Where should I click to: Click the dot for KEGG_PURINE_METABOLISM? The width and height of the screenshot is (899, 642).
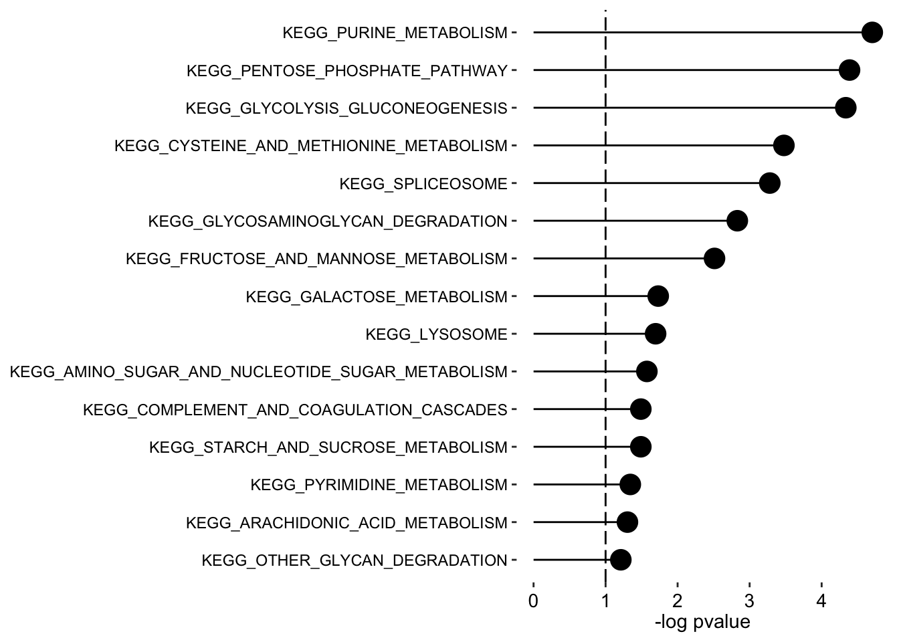[872, 32]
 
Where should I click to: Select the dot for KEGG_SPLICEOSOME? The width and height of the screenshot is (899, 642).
[770, 183]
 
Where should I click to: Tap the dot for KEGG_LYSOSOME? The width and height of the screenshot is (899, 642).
[656, 334]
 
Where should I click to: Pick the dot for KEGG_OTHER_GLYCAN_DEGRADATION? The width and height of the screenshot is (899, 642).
[621, 560]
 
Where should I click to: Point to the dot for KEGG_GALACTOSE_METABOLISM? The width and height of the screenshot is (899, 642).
[658, 296]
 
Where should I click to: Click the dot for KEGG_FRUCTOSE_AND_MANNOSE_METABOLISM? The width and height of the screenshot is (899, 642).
[714, 258]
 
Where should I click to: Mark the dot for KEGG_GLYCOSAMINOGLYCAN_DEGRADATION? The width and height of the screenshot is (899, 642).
[736, 221]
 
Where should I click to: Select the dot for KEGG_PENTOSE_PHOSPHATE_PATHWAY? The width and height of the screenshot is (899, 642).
[849, 70]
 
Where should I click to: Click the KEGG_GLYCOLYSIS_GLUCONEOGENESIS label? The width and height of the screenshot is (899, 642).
[346, 108]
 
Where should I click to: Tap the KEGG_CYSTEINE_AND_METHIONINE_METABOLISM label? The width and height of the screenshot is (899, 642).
[311, 146]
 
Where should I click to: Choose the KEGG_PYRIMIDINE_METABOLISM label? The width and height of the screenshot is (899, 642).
[379, 485]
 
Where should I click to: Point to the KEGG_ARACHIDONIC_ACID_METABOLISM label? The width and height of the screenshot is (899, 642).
[346, 522]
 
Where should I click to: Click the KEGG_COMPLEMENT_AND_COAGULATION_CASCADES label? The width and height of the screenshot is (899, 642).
[295, 409]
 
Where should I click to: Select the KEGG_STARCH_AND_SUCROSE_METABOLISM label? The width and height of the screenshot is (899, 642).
[328, 447]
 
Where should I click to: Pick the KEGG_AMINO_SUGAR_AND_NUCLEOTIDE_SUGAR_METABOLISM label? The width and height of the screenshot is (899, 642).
[259, 372]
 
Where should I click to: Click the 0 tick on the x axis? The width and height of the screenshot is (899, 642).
[533, 601]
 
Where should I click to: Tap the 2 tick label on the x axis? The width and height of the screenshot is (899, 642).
[678, 601]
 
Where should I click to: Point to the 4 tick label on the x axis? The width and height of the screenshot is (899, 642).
[821, 601]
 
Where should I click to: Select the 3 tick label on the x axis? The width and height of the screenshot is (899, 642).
[749, 601]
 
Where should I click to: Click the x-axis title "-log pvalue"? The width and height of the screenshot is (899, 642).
[702, 623]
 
